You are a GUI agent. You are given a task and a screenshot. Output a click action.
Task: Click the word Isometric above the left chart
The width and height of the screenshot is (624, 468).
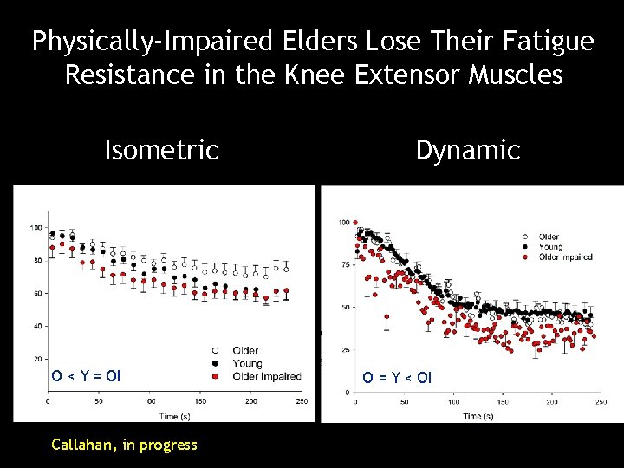[x=161, y=151]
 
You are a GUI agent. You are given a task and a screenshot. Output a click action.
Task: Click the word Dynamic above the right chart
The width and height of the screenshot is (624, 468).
[x=467, y=151]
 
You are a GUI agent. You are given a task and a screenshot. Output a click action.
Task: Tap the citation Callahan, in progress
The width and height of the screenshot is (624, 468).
[x=124, y=445]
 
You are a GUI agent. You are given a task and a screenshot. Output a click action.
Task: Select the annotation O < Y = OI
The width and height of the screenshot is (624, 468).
[x=86, y=376]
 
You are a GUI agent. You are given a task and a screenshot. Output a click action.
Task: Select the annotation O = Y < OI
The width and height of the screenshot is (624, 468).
[x=396, y=378]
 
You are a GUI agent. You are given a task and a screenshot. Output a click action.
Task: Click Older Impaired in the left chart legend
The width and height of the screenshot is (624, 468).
[x=267, y=376]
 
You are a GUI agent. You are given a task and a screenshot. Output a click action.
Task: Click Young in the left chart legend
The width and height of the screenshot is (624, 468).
[x=246, y=363]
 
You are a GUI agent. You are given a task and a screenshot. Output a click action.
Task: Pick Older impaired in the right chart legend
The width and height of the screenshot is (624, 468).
[x=565, y=257]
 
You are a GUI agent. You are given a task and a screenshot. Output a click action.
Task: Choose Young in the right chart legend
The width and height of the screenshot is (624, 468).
[x=550, y=247]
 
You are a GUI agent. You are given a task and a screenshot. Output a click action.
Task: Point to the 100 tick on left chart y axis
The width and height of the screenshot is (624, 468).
[x=36, y=228]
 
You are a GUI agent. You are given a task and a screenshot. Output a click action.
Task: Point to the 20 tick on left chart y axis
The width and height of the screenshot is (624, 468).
[x=37, y=359]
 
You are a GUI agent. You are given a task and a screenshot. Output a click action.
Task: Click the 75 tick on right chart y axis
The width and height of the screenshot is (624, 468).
[x=344, y=265]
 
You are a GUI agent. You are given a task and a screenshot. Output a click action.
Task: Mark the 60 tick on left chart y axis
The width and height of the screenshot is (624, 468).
[x=37, y=294]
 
